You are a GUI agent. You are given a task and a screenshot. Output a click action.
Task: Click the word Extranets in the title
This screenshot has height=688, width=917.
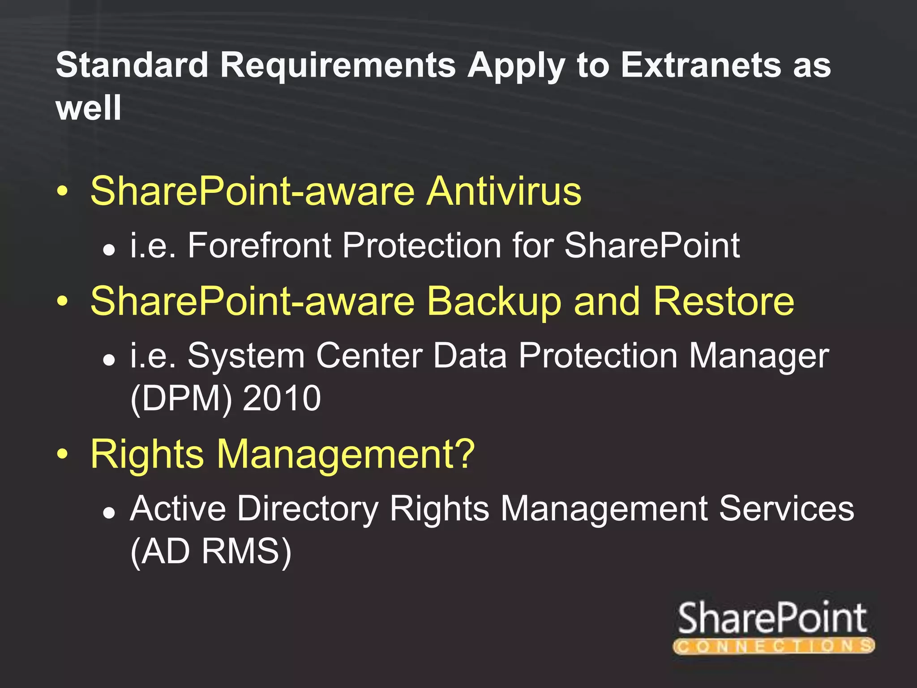tap(700, 65)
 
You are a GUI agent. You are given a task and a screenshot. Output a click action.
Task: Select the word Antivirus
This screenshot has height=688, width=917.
tap(504, 191)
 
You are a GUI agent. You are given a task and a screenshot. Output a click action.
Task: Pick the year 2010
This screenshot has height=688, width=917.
tap(282, 398)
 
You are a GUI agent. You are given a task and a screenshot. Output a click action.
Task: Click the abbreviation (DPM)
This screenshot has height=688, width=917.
tap(181, 398)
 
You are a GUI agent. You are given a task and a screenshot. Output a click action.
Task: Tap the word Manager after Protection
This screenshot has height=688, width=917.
tap(758, 357)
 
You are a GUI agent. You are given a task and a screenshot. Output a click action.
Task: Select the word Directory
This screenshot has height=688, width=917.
tap(308, 509)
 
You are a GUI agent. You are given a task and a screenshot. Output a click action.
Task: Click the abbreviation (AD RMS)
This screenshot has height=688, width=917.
tap(211, 552)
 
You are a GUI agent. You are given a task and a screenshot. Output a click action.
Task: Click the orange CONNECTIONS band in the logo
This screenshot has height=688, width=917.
tap(773, 645)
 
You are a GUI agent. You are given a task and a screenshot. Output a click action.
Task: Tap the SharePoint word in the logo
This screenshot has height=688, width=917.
tap(772, 618)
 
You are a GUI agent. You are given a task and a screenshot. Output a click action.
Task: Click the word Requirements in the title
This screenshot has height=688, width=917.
tap(338, 65)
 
